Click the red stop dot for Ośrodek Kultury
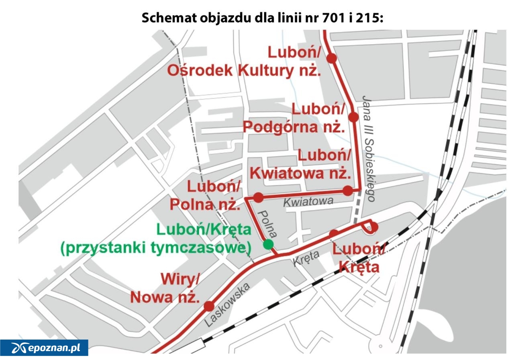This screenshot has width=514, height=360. tap(331, 59)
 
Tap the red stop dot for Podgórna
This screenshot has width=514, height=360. tap(353, 117)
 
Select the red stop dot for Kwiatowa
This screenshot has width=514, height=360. tap(348, 191)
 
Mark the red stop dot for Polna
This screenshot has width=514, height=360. tap(258, 197)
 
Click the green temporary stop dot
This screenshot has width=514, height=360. tap(268, 244)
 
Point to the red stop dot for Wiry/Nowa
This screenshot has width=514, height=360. tap(209, 307)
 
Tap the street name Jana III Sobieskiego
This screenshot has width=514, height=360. tap(369, 149)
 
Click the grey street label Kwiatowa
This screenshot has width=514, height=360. tap(308, 201)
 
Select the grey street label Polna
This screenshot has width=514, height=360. tap(268, 224)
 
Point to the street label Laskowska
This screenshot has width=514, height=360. tap(227, 304)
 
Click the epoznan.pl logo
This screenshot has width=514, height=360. tap(44, 348)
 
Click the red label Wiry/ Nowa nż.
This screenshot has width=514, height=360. tap(165, 288)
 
